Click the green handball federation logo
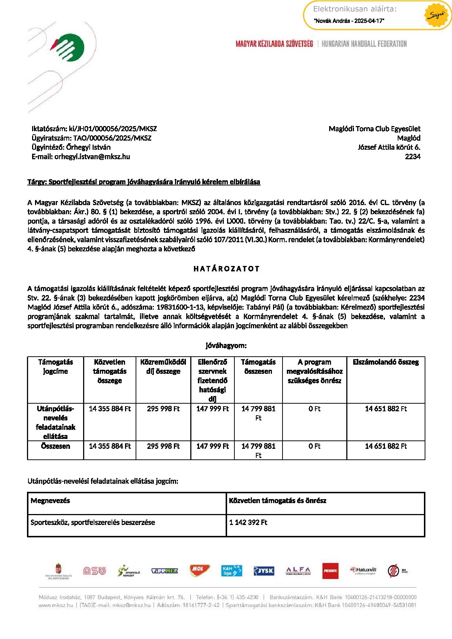[x=69, y=48]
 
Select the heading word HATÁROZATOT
[x=226, y=269]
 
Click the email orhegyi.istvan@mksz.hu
[x=92, y=157]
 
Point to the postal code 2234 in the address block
[x=413, y=157]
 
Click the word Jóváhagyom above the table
[x=226, y=345]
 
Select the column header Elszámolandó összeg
[x=386, y=362]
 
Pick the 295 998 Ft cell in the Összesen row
[x=163, y=446]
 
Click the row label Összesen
[x=55, y=446]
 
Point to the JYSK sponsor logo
[x=264, y=571]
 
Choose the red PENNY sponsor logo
[x=330, y=571]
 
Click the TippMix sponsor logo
[x=164, y=571]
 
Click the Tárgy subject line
[x=144, y=182]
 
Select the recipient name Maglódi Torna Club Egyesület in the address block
[x=374, y=129]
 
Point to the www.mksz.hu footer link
[x=56, y=605]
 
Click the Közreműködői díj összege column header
[x=163, y=366]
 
